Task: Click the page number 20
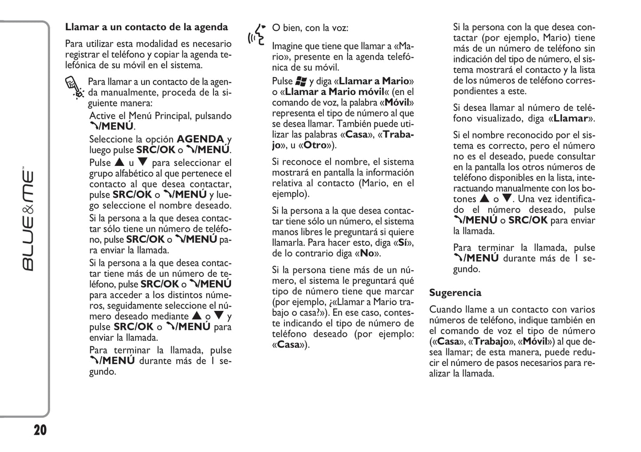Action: click(x=39, y=430)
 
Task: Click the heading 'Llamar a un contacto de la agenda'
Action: click(x=146, y=27)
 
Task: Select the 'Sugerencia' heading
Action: click(x=455, y=293)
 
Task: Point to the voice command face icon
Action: click(x=256, y=35)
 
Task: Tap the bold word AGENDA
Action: click(x=200, y=139)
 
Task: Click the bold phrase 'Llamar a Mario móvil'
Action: click(x=334, y=92)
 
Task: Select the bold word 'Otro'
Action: click(x=315, y=145)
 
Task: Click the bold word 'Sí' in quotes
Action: click(x=403, y=243)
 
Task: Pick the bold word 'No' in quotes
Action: click(x=367, y=253)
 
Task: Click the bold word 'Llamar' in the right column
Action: click(x=571, y=118)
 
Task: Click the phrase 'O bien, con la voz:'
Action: click(x=310, y=28)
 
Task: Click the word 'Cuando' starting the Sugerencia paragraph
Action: click(x=444, y=310)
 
